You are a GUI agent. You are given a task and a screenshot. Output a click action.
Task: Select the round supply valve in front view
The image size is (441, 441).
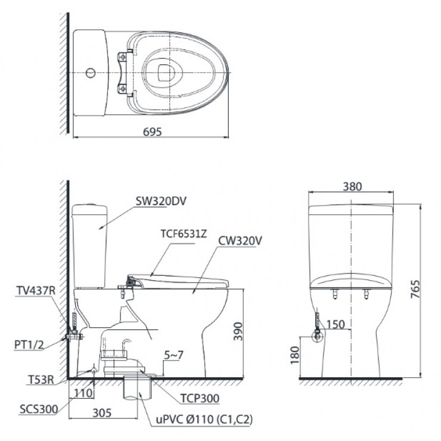tap(318, 337)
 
